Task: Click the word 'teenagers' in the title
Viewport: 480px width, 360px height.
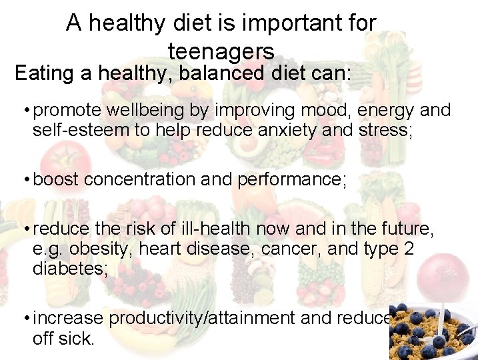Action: (x=221, y=51)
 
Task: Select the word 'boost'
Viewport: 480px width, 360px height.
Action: (x=56, y=180)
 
